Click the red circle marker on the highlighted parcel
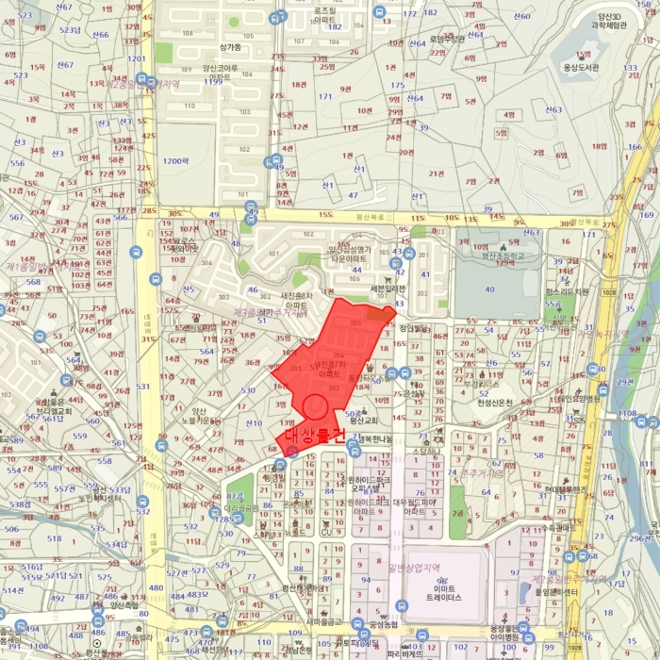pyautogui.click(x=315, y=408)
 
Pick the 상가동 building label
pyautogui.click(x=230, y=46)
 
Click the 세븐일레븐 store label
pyautogui.click(x=387, y=289)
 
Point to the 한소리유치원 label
pyautogui.click(x=567, y=291)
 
